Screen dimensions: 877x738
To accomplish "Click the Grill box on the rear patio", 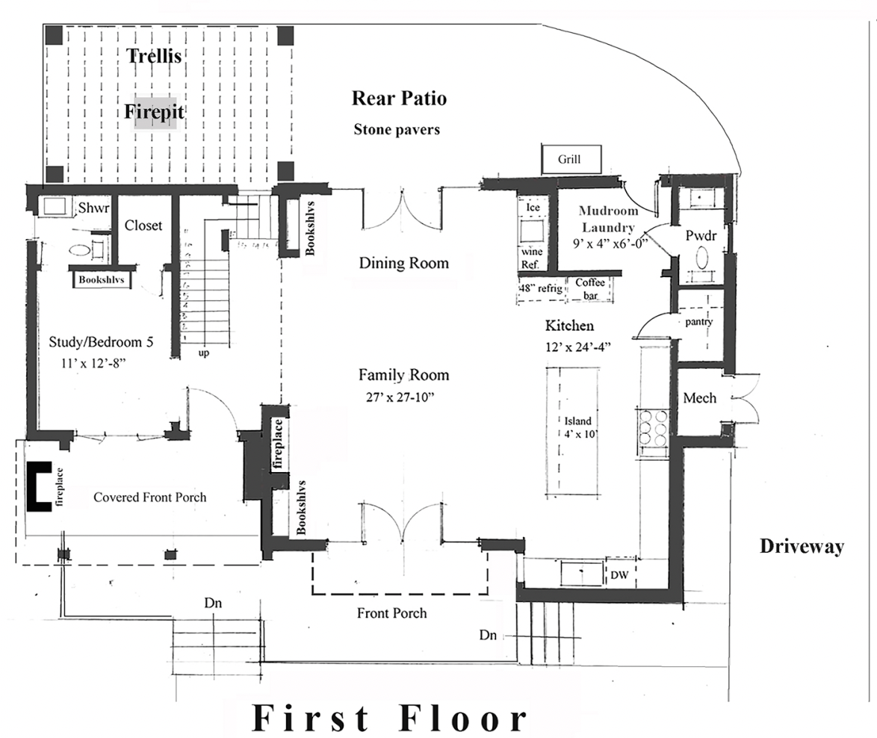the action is pyautogui.click(x=568, y=159).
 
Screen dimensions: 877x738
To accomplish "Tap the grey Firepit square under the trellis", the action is pyautogui.click(x=155, y=114).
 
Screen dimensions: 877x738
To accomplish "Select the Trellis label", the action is pyautogui.click(x=155, y=55).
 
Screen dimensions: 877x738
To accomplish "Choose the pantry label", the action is pyautogui.click(x=699, y=322).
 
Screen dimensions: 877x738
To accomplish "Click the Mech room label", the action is pyautogui.click(x=699, y=398).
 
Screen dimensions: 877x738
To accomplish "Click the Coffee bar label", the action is pyautogui.click(x=589, y=288).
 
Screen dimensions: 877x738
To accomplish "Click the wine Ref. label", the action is pyautogui.click(x=532, y=258).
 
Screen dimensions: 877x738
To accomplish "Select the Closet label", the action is pyautogui.click(x=143, y=225).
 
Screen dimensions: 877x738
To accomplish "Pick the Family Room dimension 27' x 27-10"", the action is pyautogui.click(x=396, y=397).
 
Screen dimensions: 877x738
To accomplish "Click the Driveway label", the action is pyautogui.click(x=802, y=546).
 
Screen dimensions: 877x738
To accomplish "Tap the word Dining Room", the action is pyautogui.click(x=404, y=263).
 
